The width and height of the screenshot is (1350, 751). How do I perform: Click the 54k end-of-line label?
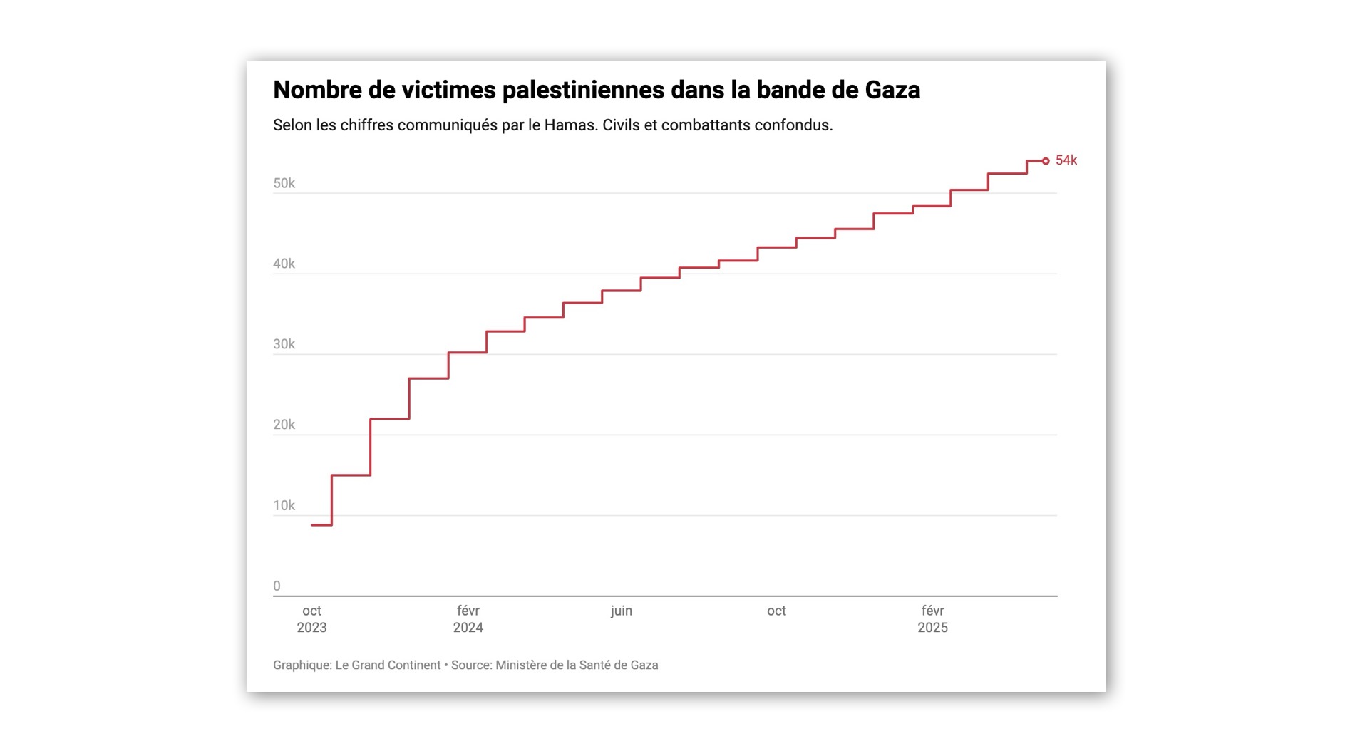[1066, 160]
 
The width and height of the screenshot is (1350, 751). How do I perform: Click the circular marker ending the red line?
[1046, 161]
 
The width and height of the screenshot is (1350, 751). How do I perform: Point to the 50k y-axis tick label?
[284, 183]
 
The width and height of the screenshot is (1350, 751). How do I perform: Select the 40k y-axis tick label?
[284, 264]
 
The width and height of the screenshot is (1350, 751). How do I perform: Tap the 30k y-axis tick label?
[284, 344]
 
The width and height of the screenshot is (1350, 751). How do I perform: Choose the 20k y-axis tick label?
[284, 425]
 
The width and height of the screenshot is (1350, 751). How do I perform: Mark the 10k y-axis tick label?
[284, 505]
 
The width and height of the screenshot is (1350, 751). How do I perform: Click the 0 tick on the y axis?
[277, 586]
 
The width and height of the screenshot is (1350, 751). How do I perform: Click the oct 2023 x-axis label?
[311, 618]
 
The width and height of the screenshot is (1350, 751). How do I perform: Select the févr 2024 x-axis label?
[468, 618]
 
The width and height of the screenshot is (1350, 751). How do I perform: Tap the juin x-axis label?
[621, 611]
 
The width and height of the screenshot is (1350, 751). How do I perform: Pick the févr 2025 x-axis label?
[932, 618]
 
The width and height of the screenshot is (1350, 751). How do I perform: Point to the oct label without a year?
[776, 611]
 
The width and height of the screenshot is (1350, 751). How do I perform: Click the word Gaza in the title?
[892, 90]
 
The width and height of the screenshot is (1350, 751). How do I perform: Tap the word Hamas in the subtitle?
[570, 125]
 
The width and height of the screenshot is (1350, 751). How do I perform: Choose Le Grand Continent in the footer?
[388, 665]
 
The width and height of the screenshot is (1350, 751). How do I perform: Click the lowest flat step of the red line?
[321, 525]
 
